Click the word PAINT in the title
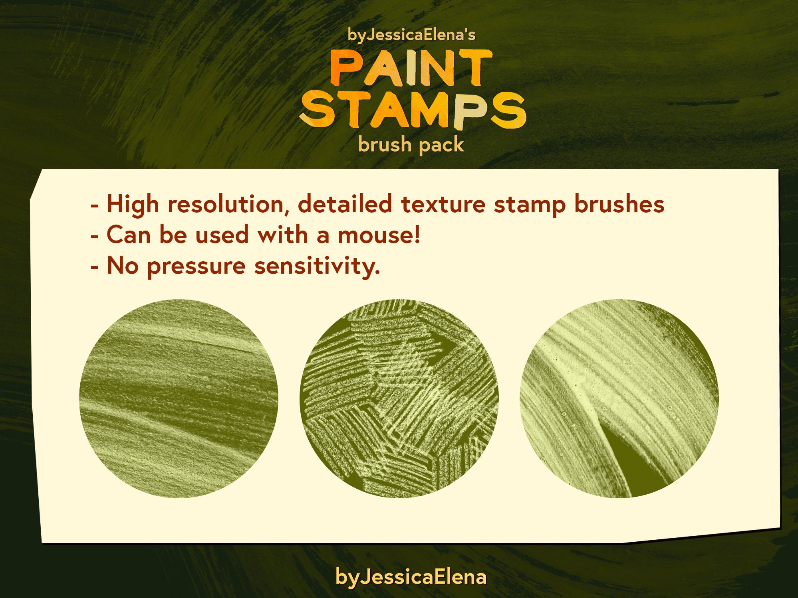click(x=411, y=68)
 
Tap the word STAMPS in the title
click(x=412, y=111)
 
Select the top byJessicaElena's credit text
click(x=411, y=35)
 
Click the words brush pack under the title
click(x=411, y=144)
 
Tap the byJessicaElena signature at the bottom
click(x=411, y=576)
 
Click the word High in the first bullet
click(x=133, y=205)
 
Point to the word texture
click(x=443, y=205)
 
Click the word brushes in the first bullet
click(x=619, y=205)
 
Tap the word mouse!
click(x=379, y=235)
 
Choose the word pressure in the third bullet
click(x=196, y=266)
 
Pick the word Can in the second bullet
click(x=129, y=235)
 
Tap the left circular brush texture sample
click(x=179, y=399)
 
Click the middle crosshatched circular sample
click(x=399, y=399)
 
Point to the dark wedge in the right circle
click(x=631, y=463)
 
